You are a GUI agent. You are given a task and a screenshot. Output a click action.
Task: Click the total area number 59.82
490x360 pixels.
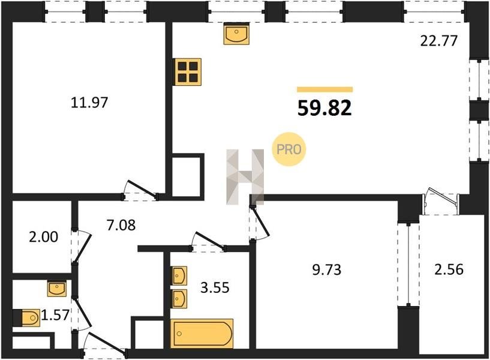(324, 109)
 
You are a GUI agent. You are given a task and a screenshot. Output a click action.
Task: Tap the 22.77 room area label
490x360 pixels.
(439, 41)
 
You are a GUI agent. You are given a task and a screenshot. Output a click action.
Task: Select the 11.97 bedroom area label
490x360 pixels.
(89, 102)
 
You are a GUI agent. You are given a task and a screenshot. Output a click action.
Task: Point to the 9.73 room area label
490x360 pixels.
(326, 269)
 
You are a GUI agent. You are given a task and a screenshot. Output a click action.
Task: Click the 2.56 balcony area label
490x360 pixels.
(449, 269)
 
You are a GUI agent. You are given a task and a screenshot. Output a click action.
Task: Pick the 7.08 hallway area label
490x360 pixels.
(121, 225)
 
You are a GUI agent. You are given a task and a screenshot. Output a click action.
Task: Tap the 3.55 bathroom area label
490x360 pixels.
(215, 287)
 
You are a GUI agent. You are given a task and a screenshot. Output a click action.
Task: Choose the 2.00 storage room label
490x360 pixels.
(43, 237)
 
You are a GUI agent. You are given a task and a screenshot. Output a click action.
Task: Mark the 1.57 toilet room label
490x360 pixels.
(55, 314)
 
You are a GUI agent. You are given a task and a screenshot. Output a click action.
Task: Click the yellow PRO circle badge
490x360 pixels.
(288, 149)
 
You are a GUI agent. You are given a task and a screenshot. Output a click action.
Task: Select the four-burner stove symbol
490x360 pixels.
(188, 72)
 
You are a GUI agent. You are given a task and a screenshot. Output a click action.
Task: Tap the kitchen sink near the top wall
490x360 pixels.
(236, 34)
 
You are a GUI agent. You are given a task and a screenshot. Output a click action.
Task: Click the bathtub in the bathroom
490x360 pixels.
(202, 334)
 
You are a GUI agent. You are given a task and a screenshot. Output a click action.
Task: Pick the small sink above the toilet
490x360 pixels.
(56, 288)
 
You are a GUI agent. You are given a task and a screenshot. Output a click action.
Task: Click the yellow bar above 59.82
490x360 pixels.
(324, 89)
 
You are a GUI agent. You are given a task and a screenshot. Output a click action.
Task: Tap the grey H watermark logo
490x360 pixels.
(245, 177)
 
